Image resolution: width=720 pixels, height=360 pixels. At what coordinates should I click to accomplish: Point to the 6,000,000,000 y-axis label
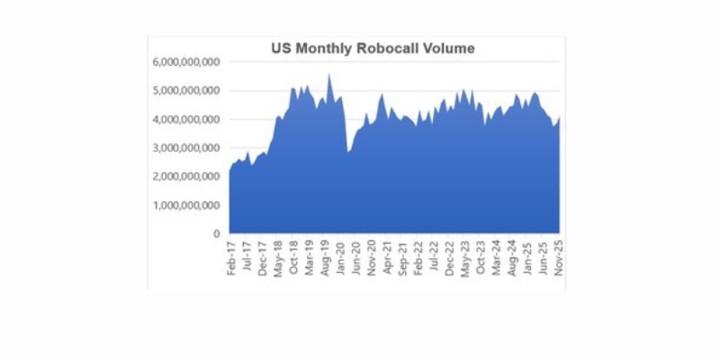[x=186, y=62]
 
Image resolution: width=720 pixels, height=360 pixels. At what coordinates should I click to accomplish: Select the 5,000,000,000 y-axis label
[x=186, y=91]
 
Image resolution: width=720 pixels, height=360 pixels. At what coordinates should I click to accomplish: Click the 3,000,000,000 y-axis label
[x=186, y=148]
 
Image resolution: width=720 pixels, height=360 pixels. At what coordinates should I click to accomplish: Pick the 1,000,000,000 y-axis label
[x=186, y=205]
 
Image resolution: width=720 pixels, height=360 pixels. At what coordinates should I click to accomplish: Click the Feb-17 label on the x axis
[x=231, y=257]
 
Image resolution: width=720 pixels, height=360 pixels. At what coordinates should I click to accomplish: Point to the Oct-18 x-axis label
[x=293, y=257]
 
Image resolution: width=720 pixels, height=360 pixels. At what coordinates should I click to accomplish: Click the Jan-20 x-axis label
[x=341, y=257]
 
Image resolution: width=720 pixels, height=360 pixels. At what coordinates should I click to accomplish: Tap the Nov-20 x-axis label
[x=373, y=257]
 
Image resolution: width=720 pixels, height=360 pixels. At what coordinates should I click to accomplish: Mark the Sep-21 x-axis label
[x=404, y=257]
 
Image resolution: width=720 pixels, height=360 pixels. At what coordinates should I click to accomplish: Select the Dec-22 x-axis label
[x=450, y=257]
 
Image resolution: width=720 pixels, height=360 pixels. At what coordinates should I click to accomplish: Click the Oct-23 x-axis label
[x=481, y=257]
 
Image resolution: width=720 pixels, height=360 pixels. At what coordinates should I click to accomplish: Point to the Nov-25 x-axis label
[x=560, y=257]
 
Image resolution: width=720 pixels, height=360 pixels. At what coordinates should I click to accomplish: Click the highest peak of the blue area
[x=328, y=75]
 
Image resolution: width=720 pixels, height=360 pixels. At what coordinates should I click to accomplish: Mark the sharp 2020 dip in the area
[x=348, y=151]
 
